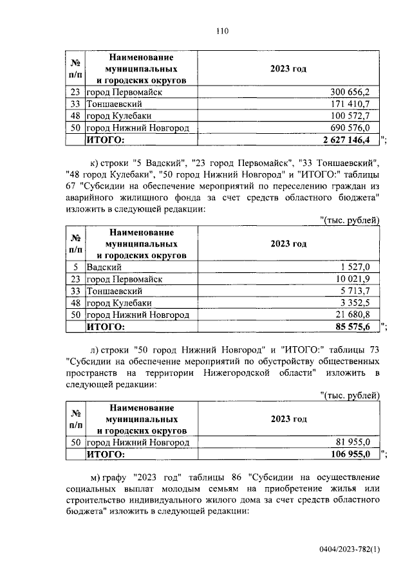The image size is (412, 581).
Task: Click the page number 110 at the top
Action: coord(223,30)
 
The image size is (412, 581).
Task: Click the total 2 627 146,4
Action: coord(346,139)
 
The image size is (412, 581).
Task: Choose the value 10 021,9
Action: coord(353,279)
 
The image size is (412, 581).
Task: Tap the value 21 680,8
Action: coord(353,315)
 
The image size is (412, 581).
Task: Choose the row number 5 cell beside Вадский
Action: coord(75,267)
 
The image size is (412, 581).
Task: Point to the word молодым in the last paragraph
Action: coord(167,488)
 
